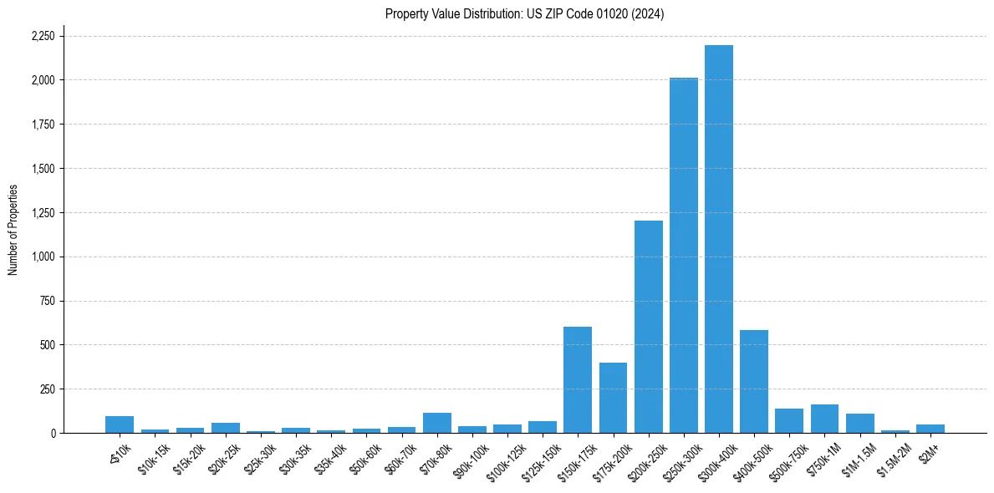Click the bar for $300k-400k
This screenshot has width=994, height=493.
coord(719,239)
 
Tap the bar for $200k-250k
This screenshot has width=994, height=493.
coord(648,327)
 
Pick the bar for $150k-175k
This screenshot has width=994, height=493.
coord(578,380)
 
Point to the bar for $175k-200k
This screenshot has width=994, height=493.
coord(613,398)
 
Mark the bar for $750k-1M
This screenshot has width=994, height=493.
coord(824,419)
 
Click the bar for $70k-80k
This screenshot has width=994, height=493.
coord(437,423)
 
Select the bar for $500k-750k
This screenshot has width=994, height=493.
coord(789,421)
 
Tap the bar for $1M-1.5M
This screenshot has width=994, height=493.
coord(859,424)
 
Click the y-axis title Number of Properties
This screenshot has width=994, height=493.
coord(13,230)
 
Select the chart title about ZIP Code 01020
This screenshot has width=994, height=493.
coord(524,14)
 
